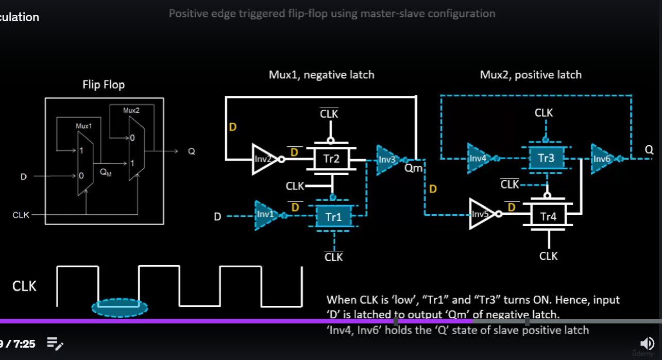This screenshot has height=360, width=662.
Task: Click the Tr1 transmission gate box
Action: click(333, 217)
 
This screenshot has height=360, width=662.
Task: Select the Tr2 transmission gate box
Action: click(331, 159)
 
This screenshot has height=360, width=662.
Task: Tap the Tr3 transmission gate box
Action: click(546, 158)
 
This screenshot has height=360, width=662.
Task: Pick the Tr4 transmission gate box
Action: click(548, 217)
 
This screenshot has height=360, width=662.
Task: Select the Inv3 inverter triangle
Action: click(387, 159)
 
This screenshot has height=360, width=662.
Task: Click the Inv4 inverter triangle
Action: click(478, 158)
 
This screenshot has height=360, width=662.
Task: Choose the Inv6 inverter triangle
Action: click(601, 158)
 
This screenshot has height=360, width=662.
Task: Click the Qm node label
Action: click(414, 168)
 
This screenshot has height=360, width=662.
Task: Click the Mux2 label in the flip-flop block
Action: click(131, 110)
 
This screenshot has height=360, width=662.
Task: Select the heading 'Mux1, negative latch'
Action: click(321, 75)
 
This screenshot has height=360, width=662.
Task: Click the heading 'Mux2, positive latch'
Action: click(531, 75)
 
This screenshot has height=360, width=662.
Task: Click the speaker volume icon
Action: click(646, 343)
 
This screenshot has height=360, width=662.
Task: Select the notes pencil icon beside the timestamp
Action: click(55, 344)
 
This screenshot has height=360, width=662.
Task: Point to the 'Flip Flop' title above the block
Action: click(104, 84)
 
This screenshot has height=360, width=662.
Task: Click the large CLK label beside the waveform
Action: click(24, 286)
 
